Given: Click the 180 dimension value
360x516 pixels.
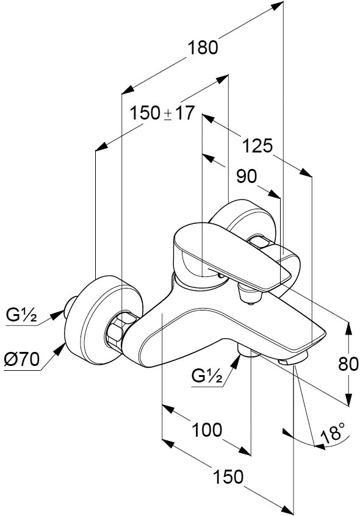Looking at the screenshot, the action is tap(203, 48).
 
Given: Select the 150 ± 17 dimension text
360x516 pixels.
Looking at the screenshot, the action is tap(162, 113).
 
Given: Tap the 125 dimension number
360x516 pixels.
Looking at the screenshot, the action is tap(257, 145).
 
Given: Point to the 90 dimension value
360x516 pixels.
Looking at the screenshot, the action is tap(247, 176).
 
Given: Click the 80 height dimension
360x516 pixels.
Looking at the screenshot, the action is tap(348, 364).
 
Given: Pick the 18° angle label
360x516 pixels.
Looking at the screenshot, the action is tap(334, 432).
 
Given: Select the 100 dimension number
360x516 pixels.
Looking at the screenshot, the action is tap(207, 430).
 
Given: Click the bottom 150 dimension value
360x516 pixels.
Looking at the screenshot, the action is tap(228, 477).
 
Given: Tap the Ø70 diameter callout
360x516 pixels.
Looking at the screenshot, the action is tap(22, 359).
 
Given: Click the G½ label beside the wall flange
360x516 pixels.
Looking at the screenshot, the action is tap(21, 315).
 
